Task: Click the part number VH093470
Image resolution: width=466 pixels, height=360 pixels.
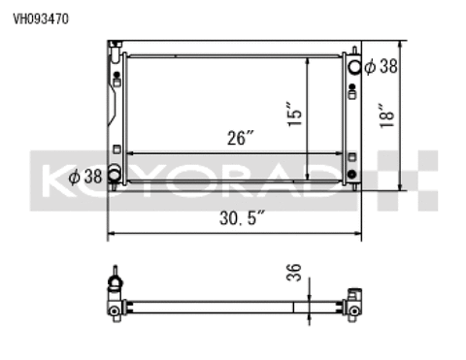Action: pos(34,16)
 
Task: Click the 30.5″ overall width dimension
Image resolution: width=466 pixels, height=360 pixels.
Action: pos(237,218)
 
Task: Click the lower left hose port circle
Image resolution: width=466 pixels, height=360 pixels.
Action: pos(115,176)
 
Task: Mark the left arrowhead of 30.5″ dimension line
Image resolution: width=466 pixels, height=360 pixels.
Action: pos(111,233)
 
